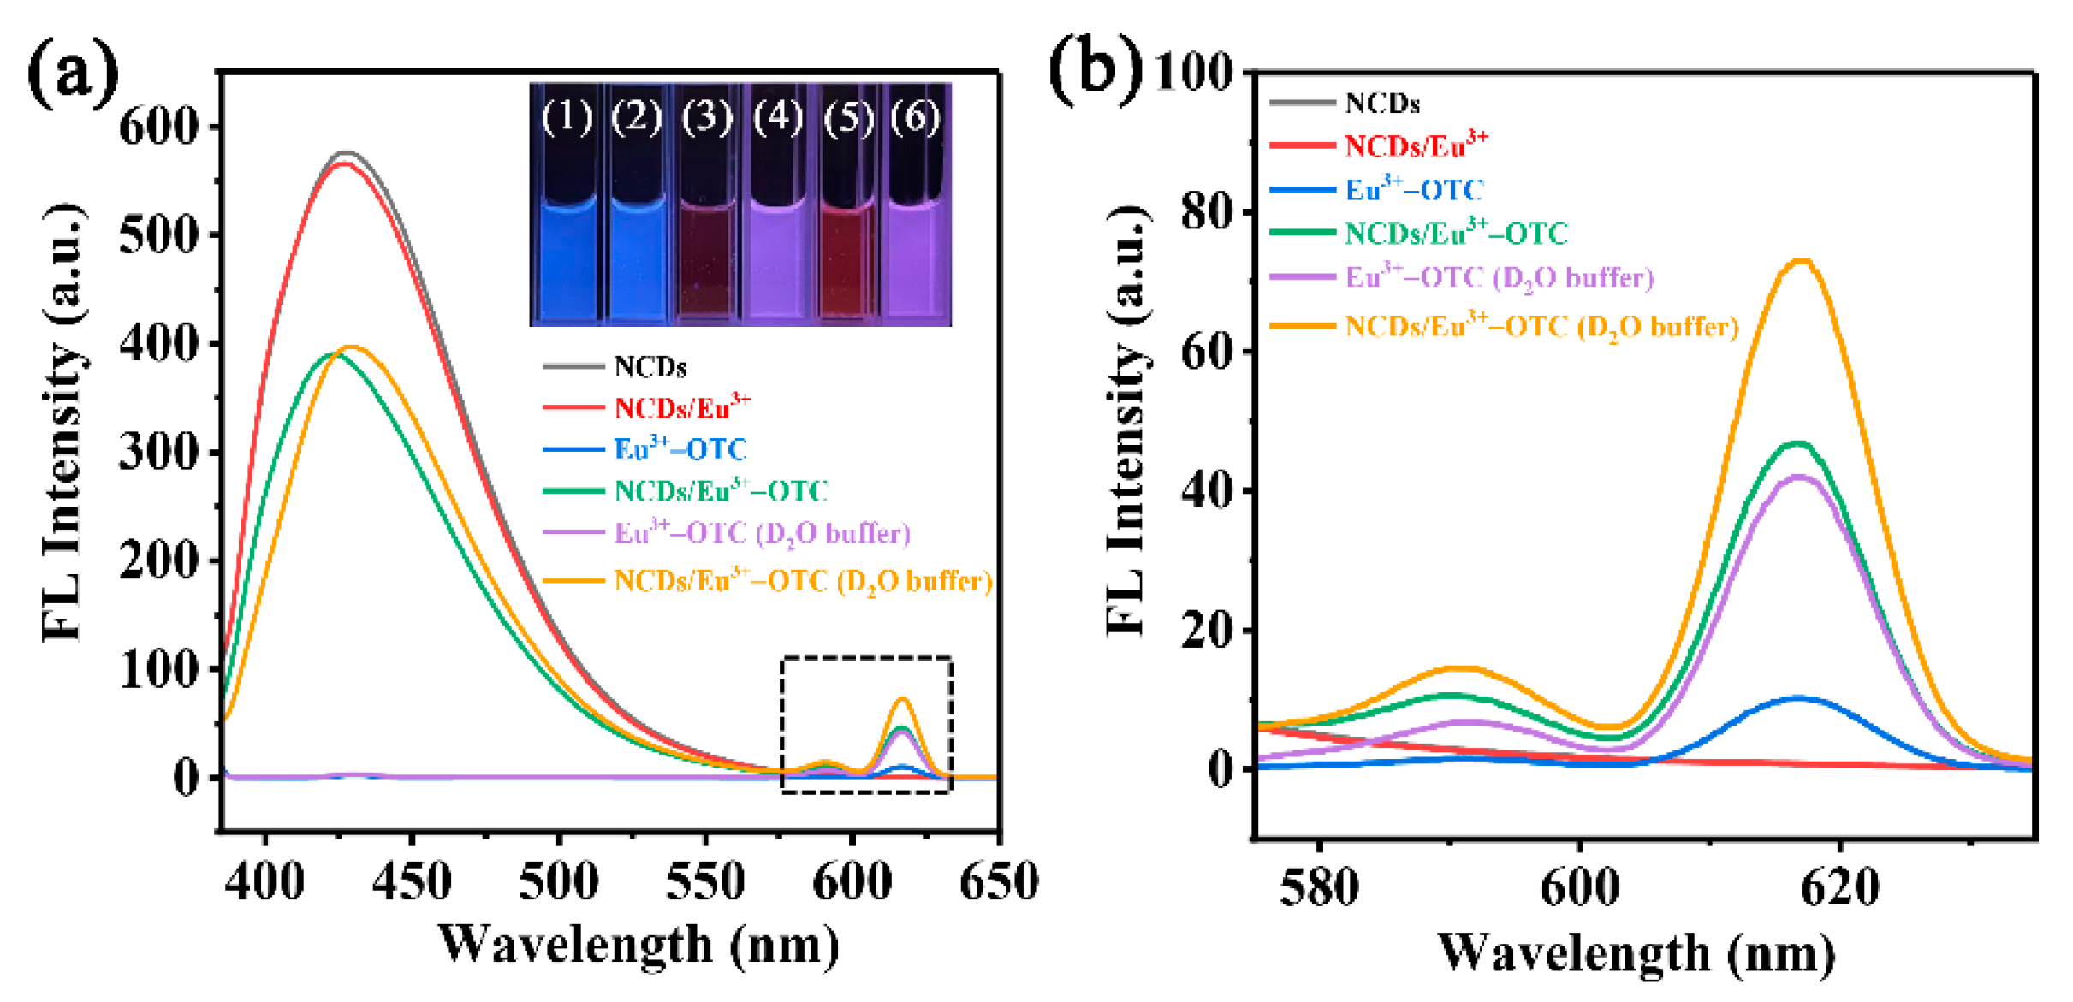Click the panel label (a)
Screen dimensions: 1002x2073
pos(73,75)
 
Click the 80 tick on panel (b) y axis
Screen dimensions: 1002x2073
pos(1207,211)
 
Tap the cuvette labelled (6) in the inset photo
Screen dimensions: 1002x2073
pos(916,257)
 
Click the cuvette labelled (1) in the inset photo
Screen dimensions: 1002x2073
pos(567,257)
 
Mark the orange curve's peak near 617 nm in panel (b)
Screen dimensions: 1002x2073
pos(1803,262)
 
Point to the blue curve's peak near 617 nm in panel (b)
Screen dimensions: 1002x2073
pos(1799,698)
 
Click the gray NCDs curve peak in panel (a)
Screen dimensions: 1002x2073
pos(345,153)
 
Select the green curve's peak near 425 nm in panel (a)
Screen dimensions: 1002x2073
pos(334,353)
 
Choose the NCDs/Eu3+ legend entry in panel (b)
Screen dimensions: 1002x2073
pos(1416,146)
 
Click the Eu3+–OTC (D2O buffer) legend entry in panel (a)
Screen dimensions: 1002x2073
pos(761,534)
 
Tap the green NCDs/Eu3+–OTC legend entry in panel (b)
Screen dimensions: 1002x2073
pos(1455,234)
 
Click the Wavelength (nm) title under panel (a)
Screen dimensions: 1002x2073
pos(638,946)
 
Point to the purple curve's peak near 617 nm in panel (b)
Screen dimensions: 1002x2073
pos(1799,477)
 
